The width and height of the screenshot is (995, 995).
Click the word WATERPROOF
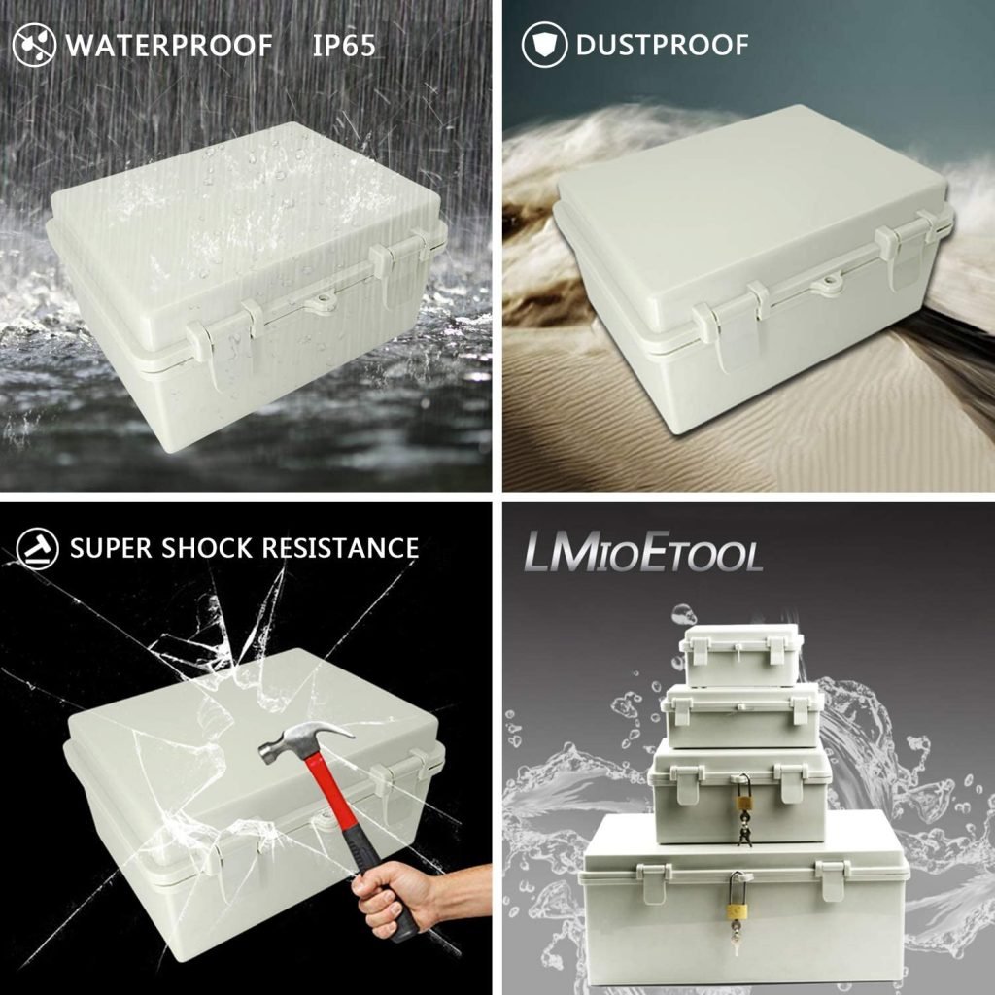169,46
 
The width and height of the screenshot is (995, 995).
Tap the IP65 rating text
344,46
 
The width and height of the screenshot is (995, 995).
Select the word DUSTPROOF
663,45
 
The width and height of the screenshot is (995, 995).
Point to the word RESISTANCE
341,548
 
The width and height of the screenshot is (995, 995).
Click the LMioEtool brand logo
643,552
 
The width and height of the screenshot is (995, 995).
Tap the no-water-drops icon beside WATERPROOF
34,45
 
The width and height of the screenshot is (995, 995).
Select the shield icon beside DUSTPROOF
544,45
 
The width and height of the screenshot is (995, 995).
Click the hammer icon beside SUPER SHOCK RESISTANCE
38,548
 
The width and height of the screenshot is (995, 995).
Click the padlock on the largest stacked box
737,898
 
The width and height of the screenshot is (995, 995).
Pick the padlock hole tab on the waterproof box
322,301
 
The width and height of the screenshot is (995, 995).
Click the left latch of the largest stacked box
655,882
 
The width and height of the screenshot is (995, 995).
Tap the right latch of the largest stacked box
833,879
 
